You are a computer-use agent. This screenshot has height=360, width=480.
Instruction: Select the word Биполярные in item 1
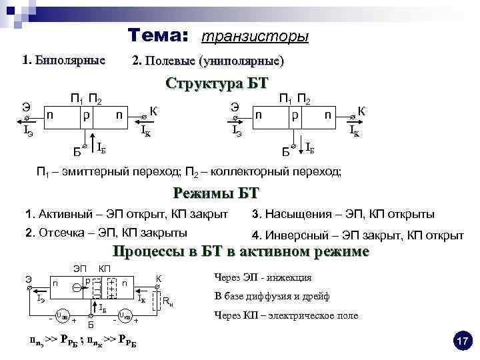point(70,61)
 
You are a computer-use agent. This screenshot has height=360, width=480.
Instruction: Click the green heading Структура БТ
point(217,84)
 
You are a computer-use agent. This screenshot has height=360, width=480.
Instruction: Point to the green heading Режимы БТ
point(215,193)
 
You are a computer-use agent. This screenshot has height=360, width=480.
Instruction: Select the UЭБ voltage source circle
point(62,315)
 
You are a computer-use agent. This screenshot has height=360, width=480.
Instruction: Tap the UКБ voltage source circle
point(125,315)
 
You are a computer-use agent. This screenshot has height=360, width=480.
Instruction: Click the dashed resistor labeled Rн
point(158,301)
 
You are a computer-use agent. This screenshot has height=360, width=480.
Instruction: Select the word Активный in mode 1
point(61,215)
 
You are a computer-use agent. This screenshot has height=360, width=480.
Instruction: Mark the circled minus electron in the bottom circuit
point(77,287)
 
